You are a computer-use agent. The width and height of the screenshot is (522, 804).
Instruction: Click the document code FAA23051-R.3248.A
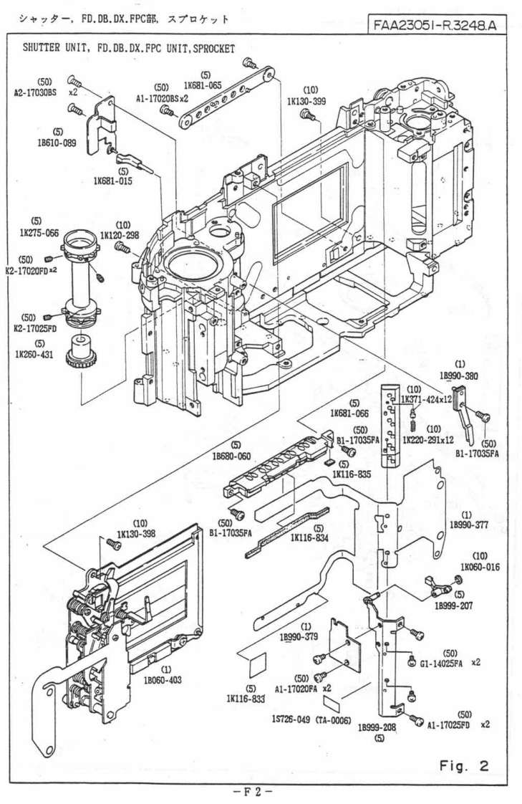coord(435,27)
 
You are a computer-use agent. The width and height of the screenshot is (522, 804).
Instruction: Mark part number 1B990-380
coord(468,375)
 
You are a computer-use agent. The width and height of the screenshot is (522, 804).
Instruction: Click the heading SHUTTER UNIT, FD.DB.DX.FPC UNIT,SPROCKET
coord(135,48)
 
